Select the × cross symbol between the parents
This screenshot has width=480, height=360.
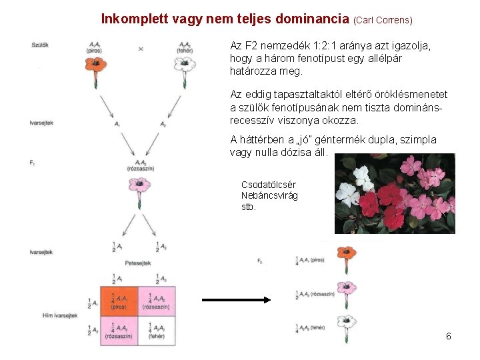coord(141,49)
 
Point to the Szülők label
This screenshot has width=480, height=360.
coord(40,44)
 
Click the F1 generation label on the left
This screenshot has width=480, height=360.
coord(33,162)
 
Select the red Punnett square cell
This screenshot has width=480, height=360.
coord(118,301)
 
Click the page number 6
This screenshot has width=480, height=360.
coord(449,336)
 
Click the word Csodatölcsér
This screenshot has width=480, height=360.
coord(269,184)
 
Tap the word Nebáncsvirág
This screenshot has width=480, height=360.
coord(269,195)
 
